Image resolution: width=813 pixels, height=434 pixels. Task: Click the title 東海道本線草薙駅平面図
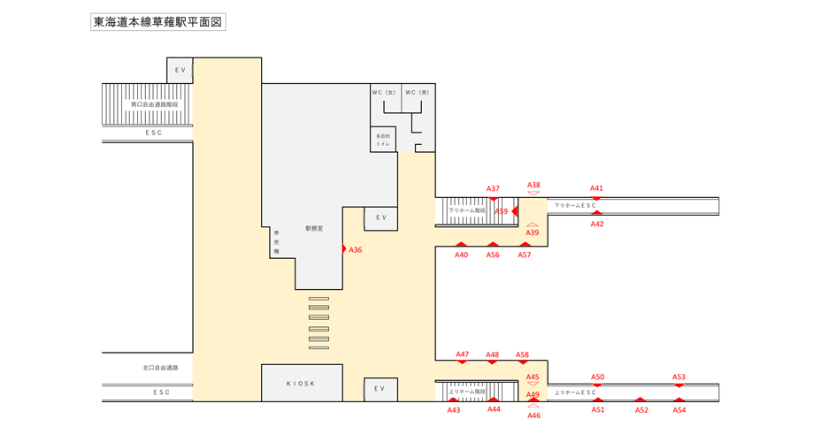coord(158,22)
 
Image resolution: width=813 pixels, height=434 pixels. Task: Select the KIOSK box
coord(301,384)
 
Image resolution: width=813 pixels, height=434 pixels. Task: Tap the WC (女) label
coord(384,92)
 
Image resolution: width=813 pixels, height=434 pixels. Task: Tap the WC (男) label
coord(418,92)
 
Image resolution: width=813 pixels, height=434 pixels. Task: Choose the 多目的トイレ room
coord(383,140)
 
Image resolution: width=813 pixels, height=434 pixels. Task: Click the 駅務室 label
coord(314,228)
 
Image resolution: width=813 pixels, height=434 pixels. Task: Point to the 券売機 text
coord(276,242)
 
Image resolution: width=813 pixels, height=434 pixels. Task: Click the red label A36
coord(356,250)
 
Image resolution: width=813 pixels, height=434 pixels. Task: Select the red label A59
coord(502,211)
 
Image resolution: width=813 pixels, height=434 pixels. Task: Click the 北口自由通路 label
coord(160,368)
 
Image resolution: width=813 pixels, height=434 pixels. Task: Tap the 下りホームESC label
coord(575,206)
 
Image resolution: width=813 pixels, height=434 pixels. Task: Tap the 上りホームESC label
coord(575,392)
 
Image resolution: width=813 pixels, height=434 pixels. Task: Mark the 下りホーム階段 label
coord(467,210)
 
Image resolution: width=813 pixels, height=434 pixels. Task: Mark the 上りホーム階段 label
coord(467,391)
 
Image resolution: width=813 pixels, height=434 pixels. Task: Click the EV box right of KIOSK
coord(380,389)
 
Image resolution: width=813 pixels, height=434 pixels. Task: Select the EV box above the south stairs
coord(180,71)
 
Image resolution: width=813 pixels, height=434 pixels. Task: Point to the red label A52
coord(641,410)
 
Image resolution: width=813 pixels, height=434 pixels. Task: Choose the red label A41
coord(597,188)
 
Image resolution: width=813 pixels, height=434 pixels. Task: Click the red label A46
coord(533,415)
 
